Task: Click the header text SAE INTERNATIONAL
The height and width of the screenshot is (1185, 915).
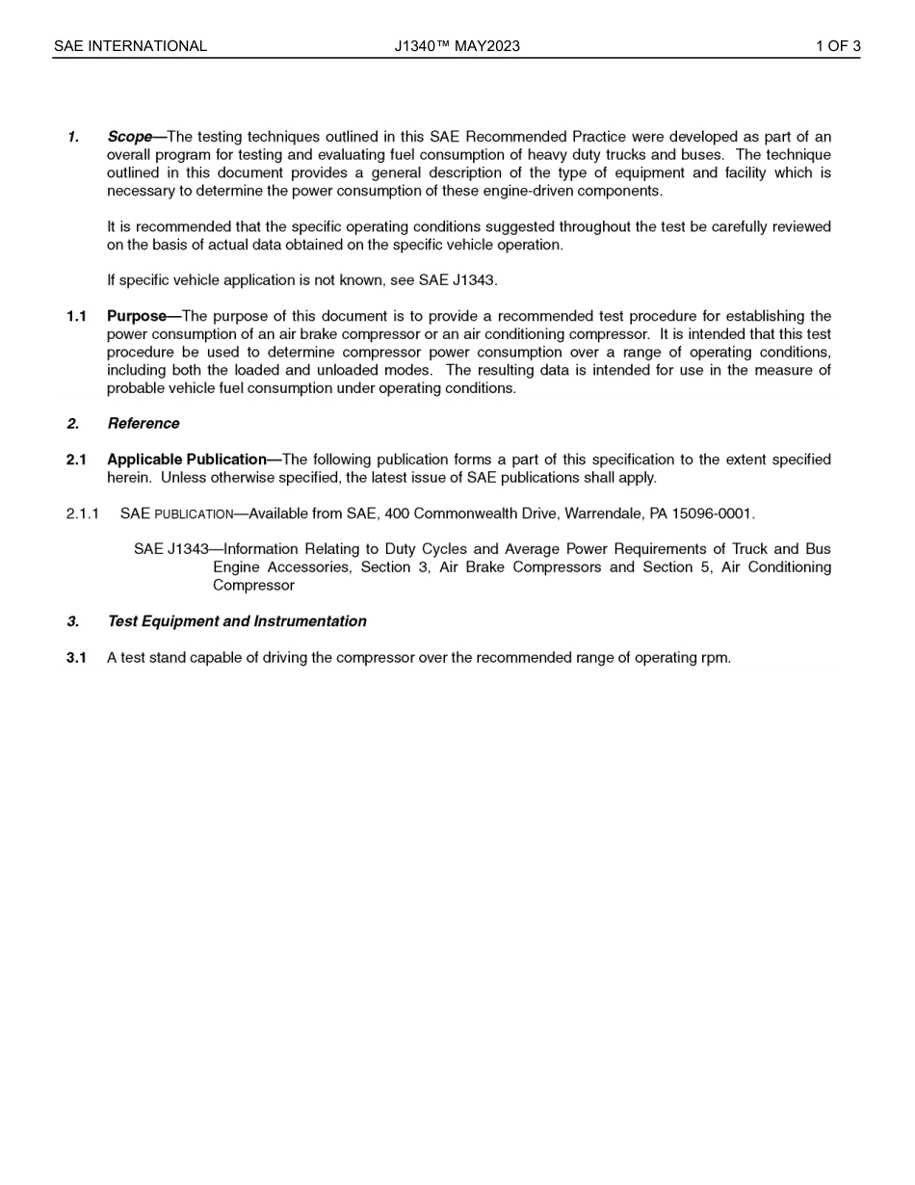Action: pyautogui.click(x=130, y=46)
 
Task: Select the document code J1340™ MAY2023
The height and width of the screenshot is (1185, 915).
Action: pyautogui.click(x=457, y=46)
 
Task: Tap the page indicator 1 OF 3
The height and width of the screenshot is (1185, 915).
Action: pyautogui.click(x=838, y=46)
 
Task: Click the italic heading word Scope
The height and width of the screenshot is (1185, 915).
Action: pyautogui.click(x=130, y=137)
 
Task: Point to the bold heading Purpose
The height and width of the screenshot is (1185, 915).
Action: pyautogui.click(x=137, y=316)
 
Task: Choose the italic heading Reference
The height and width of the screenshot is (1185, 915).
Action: pyautogui.click(x=144, y=424)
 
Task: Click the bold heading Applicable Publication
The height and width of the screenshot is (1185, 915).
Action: pyautogui.click(x=187, y=460)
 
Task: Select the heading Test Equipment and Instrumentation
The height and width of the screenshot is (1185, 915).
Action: pyautogui.click(x=237, y=621)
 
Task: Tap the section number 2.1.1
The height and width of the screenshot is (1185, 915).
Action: pyautogui.click(x=83, y=513)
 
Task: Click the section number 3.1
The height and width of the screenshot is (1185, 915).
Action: pyautogui.click(x=76, y=658)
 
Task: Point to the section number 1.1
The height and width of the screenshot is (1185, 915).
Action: pyautogui.click(x=76, y=316)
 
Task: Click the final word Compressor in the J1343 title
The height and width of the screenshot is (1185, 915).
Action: pyautogui.click(x=253, y=586)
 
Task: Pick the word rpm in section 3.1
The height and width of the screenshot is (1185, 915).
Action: pyautogui.click(x=714, y=659)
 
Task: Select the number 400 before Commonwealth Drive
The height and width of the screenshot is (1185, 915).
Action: pyautogui.click(x=397, y=513)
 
